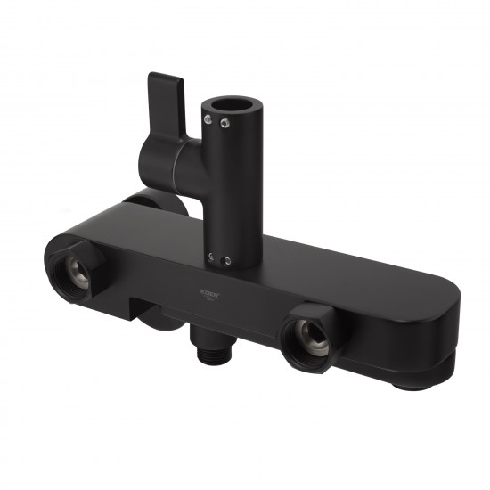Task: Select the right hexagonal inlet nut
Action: (308, 336)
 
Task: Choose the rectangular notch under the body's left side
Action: (142, 307)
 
